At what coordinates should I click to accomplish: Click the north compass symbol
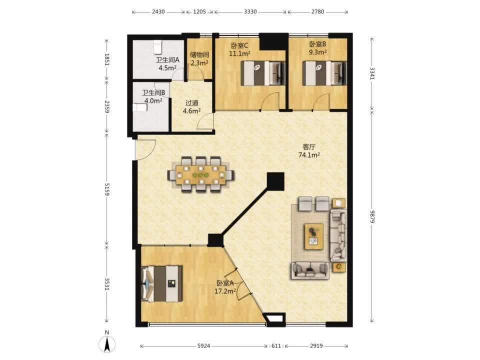pyautogui.click(x=107, y=343)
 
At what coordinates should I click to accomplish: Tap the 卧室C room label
pyautogui.click(x=239, y=46)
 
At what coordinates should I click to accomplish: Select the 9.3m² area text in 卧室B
pyautogui.click(x=317, y=52)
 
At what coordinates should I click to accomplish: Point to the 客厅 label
pyautogui.click(x=308, y=147)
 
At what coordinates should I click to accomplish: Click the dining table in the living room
pyautogui.click(x=201, y=175)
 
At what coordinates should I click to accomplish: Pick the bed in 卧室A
pyautogui.click(x=161, y=283)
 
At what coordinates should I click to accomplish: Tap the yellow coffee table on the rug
pyautogui.click(x=314, y=236)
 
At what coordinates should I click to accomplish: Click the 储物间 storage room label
pyautogui.click(x=199, y=55)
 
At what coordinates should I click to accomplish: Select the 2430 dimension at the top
pyautogui.click(x=158, y=11)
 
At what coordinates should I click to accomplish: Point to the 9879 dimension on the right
pyautogui.click(x=372, y=216)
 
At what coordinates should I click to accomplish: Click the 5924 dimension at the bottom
pyautogui.click(x=203, y=346)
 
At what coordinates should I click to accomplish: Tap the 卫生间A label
pyautogui.click(x=167, y=60)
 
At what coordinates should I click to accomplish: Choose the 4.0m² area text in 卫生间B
pyautogui.click(x=153, y=100)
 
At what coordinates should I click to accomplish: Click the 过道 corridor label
pyautogui.click(x=191, y=103)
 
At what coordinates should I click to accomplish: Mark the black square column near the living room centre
pyautogui.click(x=275, y=181)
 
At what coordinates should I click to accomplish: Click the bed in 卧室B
pyautogui.click(x=324, y=73)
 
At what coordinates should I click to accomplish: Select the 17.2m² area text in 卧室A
pyautogui.click(x=225, y=291)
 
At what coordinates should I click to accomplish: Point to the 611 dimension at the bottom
pyautogui.click(x=276, y=346)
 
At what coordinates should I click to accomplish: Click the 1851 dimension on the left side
pyautogui.click(x=107, y=59)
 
